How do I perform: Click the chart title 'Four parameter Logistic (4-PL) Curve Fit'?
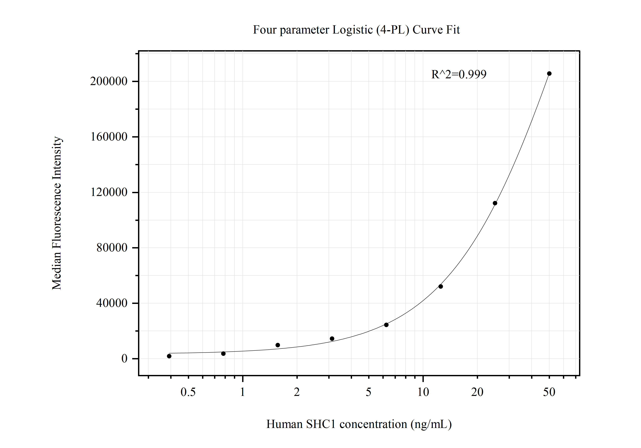(x=356, y=30)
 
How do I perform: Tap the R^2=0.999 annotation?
(x=459, y=74)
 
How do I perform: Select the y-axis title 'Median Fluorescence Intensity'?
(x=57, y=213)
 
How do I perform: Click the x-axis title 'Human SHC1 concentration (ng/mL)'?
(x=359, y=424)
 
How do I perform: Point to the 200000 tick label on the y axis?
(x=109, y=81)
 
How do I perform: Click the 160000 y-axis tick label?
(x=109, y=137)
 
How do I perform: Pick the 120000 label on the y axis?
(x=109, y=192)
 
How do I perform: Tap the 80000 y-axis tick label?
(x=112, y=248)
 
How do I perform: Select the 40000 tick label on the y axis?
(x=112, y=303)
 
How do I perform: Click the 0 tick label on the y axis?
(x=124, y=359)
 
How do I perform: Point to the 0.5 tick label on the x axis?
(x=188, y=392)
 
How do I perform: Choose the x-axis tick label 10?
(x=423, y=392)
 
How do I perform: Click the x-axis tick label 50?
(x=549, y=392)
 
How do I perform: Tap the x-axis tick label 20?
(x=477, y=392)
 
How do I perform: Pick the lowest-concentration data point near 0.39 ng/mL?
(x=169, y=356)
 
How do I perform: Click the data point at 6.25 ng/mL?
(x=386, y=325)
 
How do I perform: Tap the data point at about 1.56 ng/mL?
(x=278, y=345)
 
